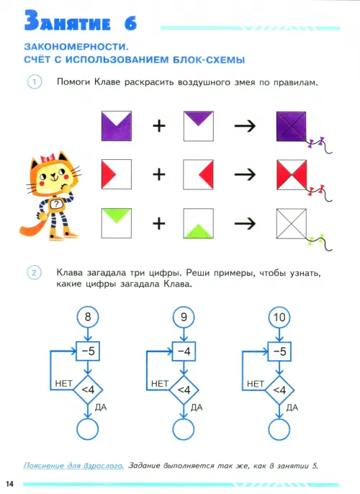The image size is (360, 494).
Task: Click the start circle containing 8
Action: tap(88, 317)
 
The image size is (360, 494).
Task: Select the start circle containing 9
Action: tap(184, 317)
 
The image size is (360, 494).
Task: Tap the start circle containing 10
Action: tap(279, 317)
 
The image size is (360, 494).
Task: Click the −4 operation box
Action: tap(184, 351)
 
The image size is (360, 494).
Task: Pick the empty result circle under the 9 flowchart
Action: tap(184, 429)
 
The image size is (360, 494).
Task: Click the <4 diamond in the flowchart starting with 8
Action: tap(88, 390)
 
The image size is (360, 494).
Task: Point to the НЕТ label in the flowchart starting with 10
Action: tap(256, 384)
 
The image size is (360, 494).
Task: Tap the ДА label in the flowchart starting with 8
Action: tap(101, 408)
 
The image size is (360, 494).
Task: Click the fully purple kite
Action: tap(292, 126)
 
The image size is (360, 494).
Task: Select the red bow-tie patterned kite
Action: tap(292, 175)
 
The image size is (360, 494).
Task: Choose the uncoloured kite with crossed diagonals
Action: tap(292, 224)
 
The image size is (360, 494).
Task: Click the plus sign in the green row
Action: tap(159, 223)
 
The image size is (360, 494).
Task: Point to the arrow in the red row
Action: tap(245, 174)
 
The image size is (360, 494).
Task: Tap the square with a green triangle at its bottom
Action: tap(199, 223)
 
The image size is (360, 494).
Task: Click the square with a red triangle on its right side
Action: tap(199, 174)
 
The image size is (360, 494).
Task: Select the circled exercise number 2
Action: tap(34, 273)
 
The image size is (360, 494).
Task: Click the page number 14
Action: tap(10, 484)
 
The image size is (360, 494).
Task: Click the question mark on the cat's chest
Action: tap(56, 204)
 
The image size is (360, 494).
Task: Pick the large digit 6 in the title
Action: tap(130, 23)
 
